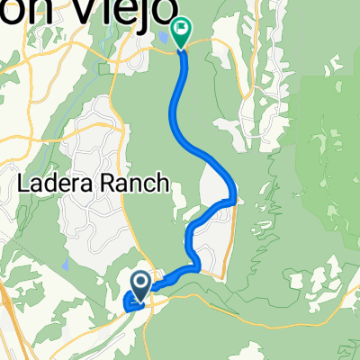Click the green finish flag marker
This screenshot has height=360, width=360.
(181, 33)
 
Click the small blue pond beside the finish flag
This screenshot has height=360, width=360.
(162, 37)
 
